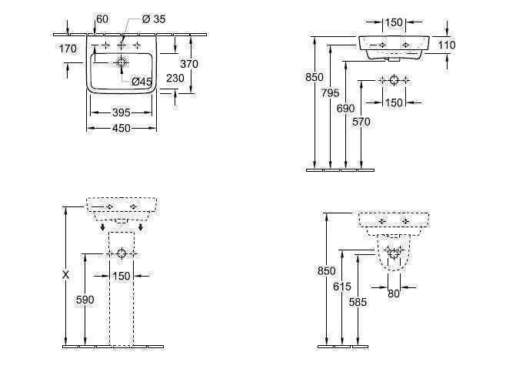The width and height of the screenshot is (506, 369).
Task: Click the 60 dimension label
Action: (102, 19)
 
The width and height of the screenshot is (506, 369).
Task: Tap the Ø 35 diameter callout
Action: (154, 19)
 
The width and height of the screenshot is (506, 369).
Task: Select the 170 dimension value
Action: (68, 49)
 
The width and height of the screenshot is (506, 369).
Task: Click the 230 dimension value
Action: (175, 78)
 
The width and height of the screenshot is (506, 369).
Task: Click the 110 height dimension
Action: (446, 45)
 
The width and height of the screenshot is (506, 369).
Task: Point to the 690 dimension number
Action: (345, 109)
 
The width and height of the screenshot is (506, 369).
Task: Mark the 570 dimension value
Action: (361, 122)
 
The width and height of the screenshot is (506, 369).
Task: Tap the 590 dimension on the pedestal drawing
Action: (85, 300)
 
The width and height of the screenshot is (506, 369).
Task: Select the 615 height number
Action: (342, 286)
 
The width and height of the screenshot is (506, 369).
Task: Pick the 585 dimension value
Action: (358, 302)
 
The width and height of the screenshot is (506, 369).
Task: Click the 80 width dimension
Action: (394, 293)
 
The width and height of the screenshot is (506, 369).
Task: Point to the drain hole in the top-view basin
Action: (122, 61)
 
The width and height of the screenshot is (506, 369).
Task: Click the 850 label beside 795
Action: (314, 77)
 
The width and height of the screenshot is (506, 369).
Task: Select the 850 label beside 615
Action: (326, 271)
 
